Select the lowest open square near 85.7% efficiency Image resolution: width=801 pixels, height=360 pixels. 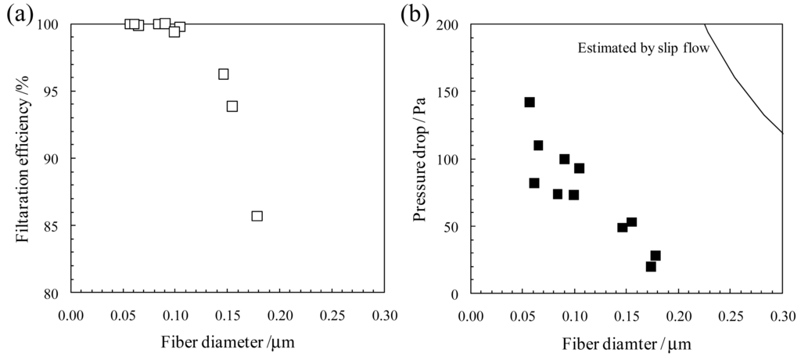[x=257, y=216]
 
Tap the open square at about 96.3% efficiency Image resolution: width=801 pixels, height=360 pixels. [x=223, y=74]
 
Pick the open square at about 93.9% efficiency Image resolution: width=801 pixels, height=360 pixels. [x=232, y=106]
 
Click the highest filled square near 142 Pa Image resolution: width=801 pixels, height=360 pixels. [x=530, y=102]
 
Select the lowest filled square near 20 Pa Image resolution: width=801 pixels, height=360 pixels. [x=650, y=266]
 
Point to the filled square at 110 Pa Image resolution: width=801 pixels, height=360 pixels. [x=538, y=145]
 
